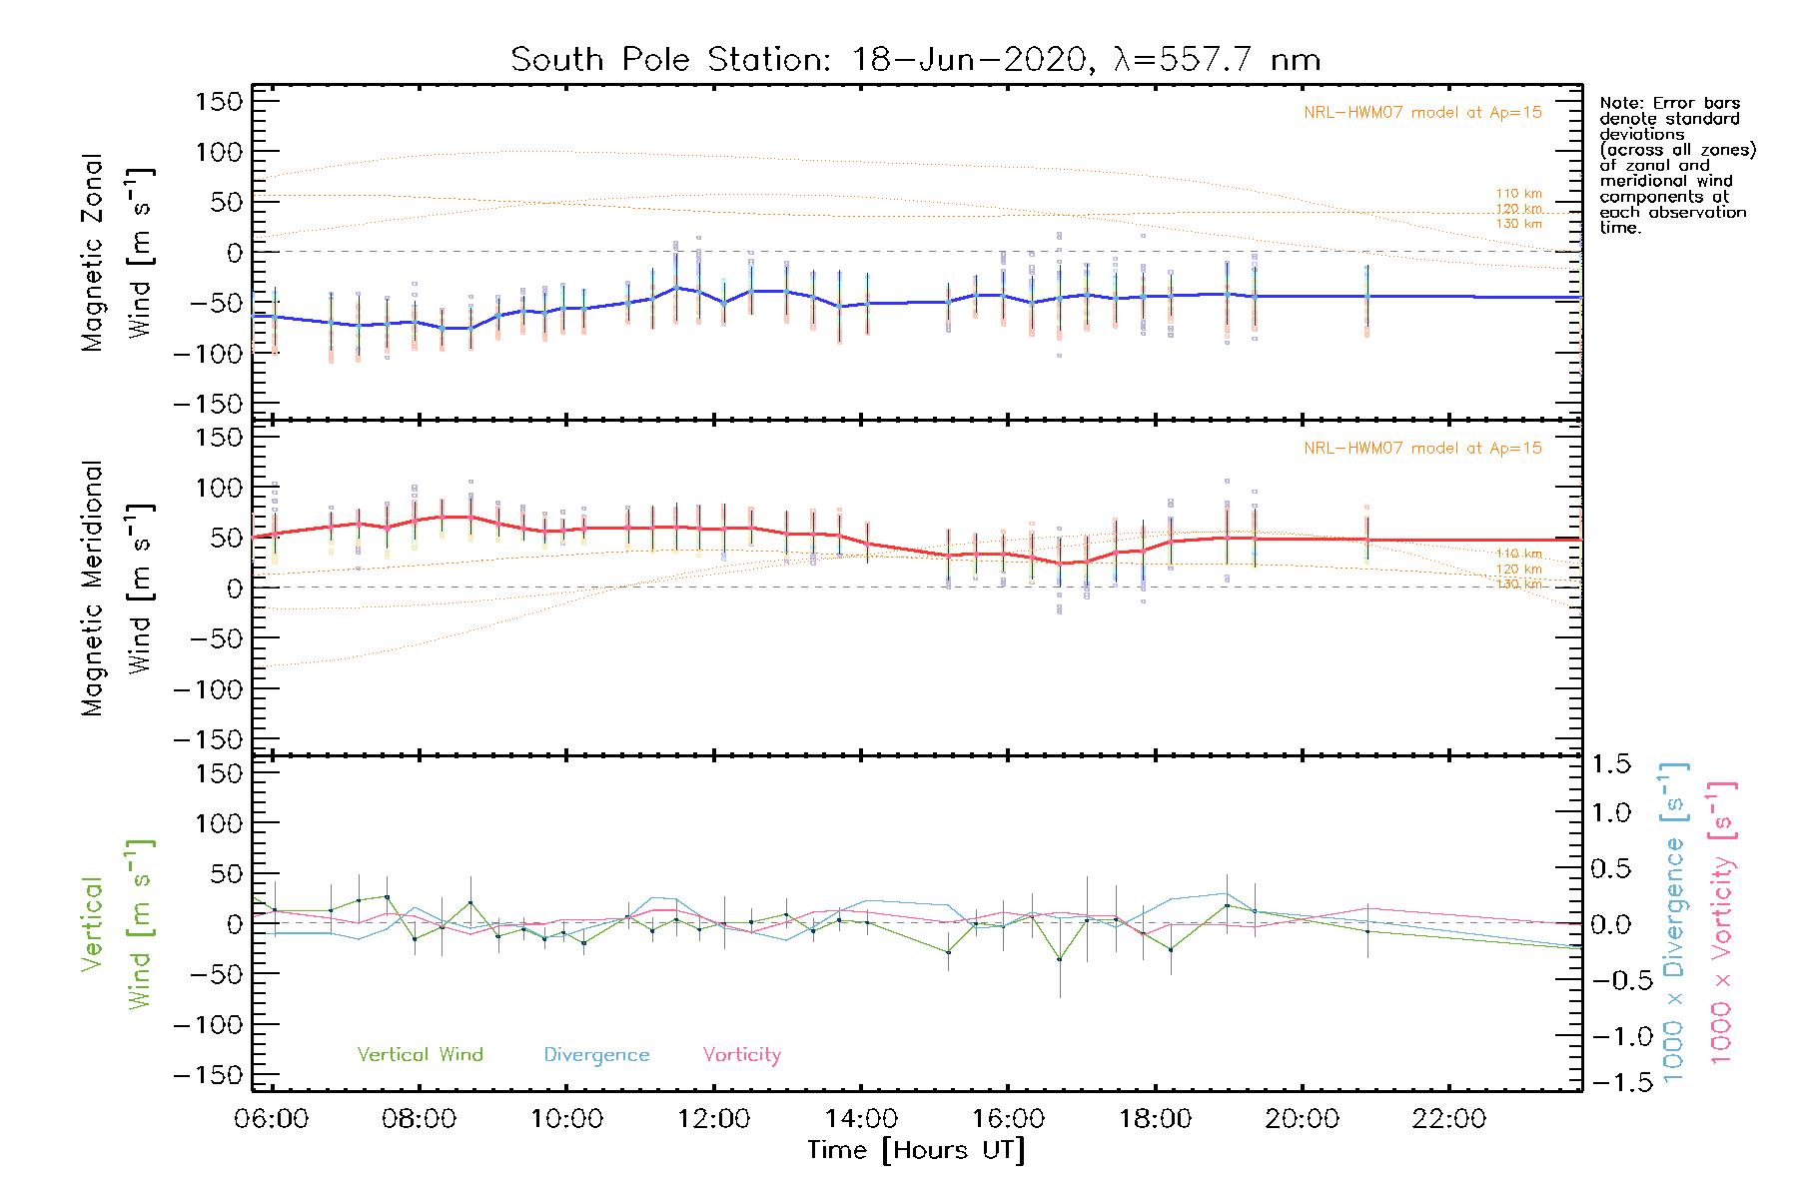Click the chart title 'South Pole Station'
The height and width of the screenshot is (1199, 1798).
(x=668, y=60)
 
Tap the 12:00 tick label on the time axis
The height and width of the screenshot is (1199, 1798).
(x=713, y=1119)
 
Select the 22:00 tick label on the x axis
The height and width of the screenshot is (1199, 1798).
(x=1449, y=1119)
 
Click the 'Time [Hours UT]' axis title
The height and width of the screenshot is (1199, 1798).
(x=916, y=1150)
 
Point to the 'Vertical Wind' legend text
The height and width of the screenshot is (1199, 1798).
(x=420, y=1054)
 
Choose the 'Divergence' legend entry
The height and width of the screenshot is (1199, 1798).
(x=596, y=1055)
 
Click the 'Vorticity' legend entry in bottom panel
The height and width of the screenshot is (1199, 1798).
(x=741, y=1054)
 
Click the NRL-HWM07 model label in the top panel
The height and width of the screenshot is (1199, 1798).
(x=1422, y=113)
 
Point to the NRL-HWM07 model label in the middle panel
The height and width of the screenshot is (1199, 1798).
(x=1422, y=449)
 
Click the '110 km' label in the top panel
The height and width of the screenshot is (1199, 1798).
(x=1518, y=194)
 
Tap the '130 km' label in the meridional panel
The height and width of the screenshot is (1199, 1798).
(x=1518, y=584)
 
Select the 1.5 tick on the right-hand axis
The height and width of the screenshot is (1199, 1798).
(x=1610, y=764)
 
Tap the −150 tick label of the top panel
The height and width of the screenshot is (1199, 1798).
(x=208, y=404)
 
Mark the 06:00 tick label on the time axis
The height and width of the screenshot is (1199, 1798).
(x=271, y=1119)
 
